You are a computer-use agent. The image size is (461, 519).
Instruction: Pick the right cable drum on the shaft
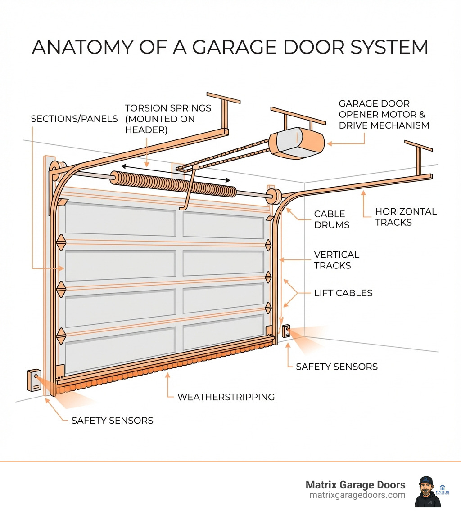[x=274, y=197]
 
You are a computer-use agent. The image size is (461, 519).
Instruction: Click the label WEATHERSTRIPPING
[x=226, y=397]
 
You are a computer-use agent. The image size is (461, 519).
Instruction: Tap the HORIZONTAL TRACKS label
[x=406, y=216]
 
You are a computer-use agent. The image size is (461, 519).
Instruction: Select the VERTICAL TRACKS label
[x=336, y=259]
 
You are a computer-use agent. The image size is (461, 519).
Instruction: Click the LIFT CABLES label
[x=343, y=293]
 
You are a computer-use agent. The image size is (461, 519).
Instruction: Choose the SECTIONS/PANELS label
[x=74, y=119]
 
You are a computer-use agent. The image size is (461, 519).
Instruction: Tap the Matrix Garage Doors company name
[x=355, y=485]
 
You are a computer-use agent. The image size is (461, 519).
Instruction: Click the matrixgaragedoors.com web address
[x=357, y=495]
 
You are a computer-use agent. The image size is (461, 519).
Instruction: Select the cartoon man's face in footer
[x=425, y=489]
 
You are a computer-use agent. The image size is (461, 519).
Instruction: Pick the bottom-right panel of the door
[x=223, y=332]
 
